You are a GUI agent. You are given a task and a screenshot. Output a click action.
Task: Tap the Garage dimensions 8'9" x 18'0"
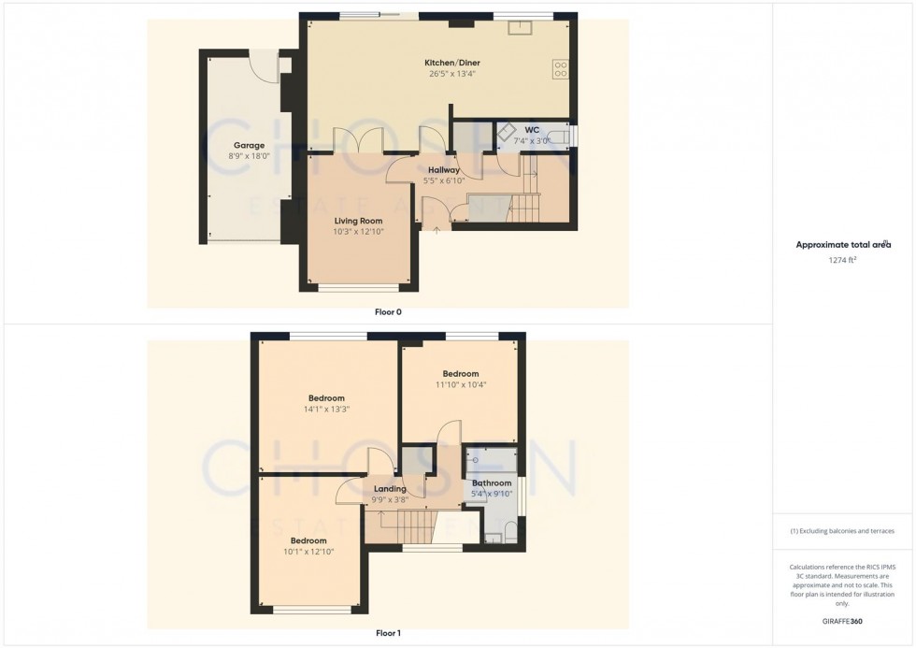[x=249, y=156]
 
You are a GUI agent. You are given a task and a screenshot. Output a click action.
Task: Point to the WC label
[x=532, y=129]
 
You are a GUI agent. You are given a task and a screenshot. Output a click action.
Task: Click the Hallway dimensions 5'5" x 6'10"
[x=443, y=180]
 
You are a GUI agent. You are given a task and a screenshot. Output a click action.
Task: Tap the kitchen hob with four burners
[x=562, y=68]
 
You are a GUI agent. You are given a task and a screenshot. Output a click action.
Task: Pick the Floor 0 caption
[x=388, y=312]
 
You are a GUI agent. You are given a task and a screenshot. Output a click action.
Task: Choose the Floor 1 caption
[x=388, y=633]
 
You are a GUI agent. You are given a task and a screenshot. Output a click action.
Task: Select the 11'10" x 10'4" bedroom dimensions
[x=461, y=384]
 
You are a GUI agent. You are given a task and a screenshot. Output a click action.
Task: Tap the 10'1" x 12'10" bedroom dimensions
[x=308, y=552]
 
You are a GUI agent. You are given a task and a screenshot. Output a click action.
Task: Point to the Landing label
[x=390, y=489]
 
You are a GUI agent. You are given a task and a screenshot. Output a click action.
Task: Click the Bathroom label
[x=492, y=483]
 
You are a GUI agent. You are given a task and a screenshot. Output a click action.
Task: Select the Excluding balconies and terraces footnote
[x=842, y=531]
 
